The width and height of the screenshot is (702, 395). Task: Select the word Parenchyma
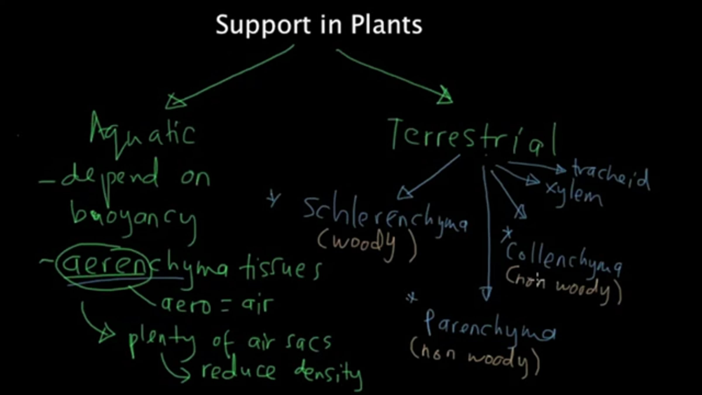click(490, 328)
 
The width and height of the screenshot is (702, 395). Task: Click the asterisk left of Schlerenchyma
click(273, 199)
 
